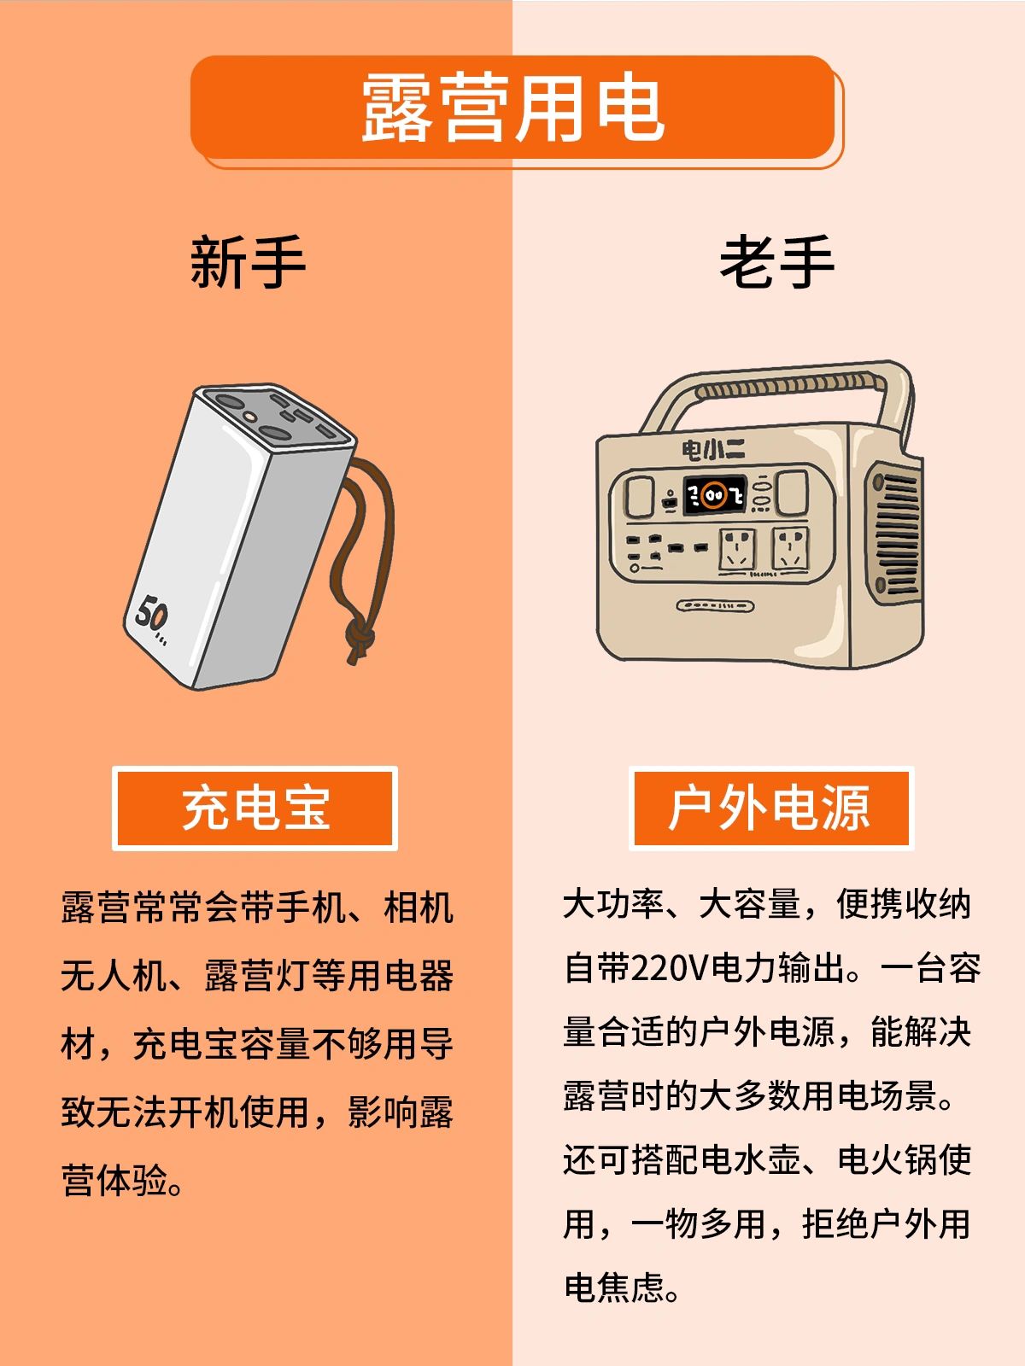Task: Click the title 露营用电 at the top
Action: click(x=512, y=107)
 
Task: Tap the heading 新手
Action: click(x=248, y=262)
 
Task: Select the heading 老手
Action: click(x=776, y=262)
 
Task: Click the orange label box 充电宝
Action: click(x=255, y=808)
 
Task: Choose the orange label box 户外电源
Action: click(x=770, y=808)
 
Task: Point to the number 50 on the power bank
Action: click(x=150, y=614)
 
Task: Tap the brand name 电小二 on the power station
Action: click(x=713, y=449)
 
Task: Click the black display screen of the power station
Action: click(x=715, y=495)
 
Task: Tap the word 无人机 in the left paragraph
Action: click(x=114, y=975)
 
